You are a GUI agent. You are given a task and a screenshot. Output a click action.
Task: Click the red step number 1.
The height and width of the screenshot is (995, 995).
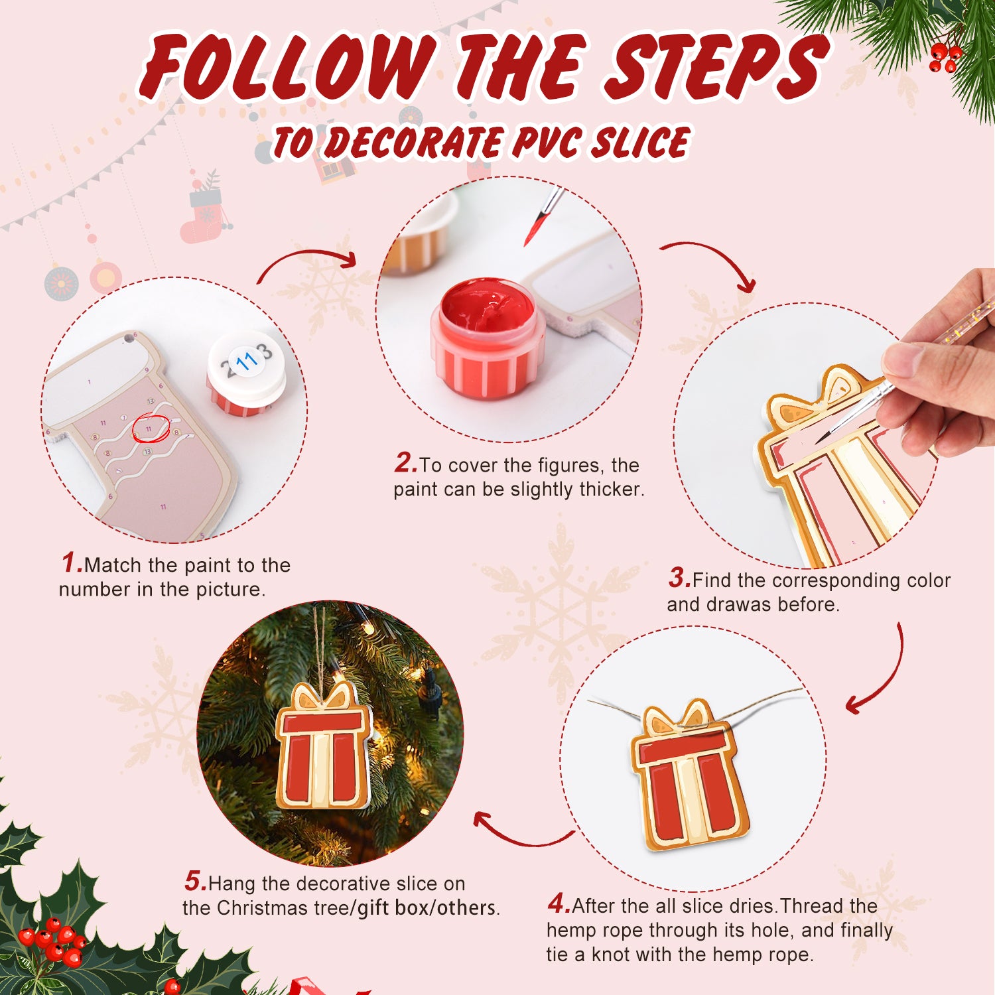point(71,563)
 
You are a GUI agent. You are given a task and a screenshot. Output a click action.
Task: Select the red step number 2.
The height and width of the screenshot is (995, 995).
point(405,463)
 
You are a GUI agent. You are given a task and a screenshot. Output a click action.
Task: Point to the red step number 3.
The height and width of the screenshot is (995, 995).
point(679,578)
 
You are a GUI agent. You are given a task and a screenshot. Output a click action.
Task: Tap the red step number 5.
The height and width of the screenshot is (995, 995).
point(195,882)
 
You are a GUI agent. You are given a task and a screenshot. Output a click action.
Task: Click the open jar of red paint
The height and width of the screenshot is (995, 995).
point(488,338)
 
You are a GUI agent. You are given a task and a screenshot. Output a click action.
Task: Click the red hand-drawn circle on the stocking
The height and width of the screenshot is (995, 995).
point(151,428)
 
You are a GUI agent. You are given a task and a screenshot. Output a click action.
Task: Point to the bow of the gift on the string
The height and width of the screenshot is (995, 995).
point(678,718)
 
